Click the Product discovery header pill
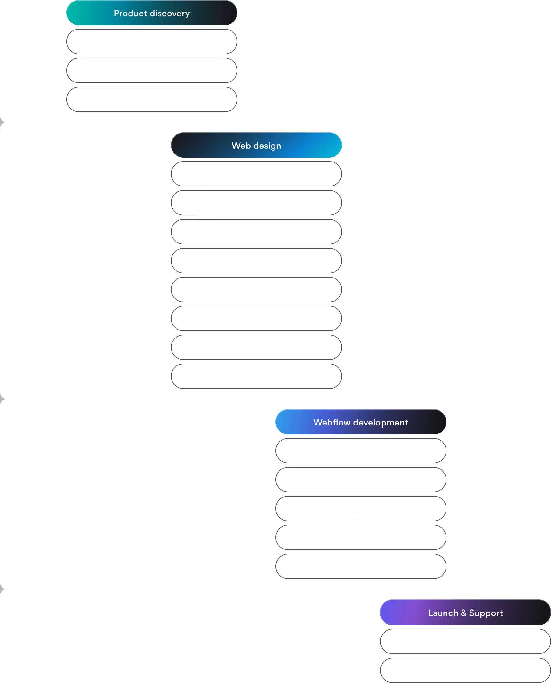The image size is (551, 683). [152, 13]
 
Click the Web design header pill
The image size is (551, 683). [256, 146]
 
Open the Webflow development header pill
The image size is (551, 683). [361, 422]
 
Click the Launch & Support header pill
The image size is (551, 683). [465, 613]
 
